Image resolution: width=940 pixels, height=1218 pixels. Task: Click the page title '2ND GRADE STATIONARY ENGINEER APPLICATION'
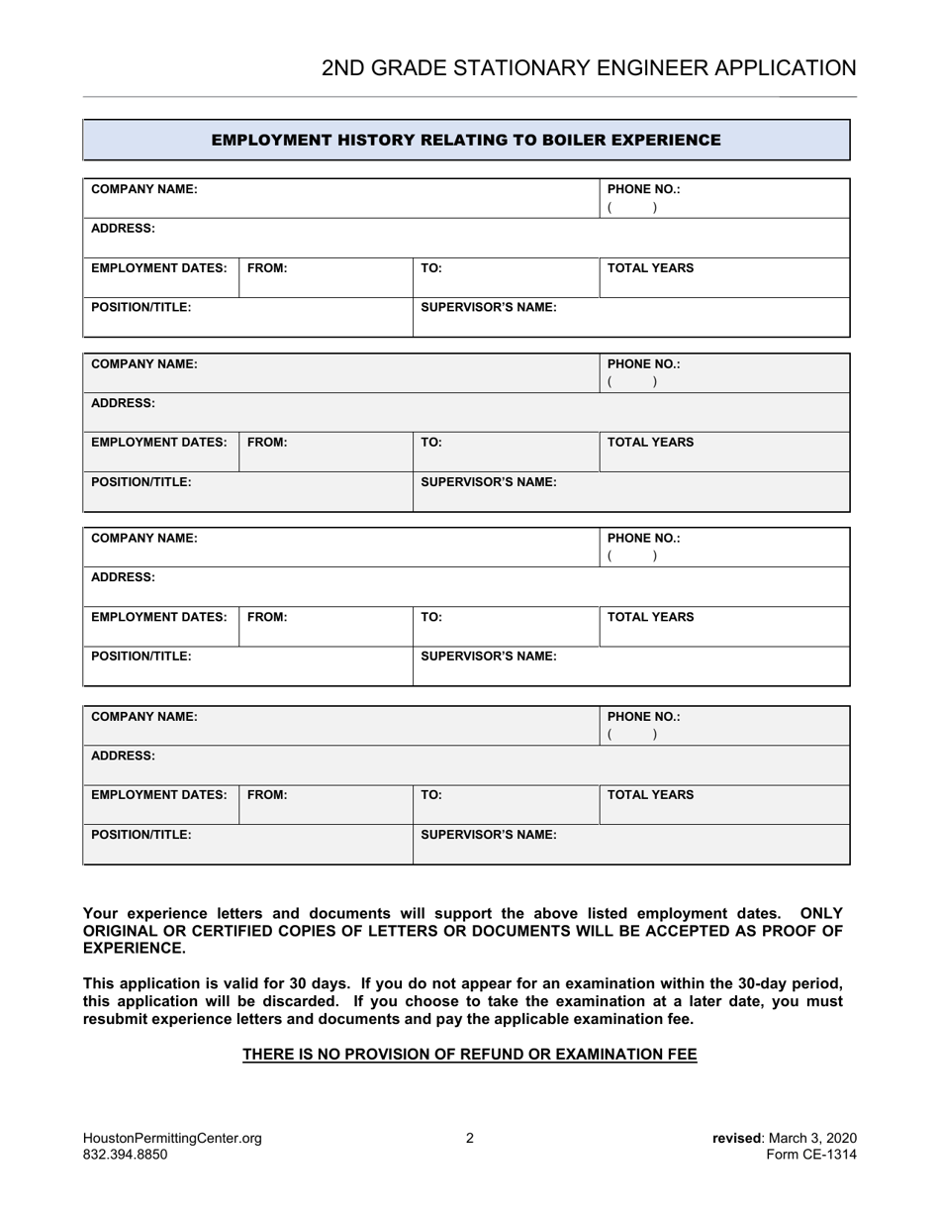click(589, 67)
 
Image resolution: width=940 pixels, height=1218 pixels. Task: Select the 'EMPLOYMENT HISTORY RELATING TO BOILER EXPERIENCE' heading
click(466, 140)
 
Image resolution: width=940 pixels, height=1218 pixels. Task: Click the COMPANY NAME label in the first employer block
click(144, 188)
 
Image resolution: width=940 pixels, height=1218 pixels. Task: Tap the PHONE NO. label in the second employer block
click(643, 363)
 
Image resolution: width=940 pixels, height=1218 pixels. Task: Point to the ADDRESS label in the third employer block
click(123, 576)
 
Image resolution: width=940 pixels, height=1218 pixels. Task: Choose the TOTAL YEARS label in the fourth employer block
click(650, 794)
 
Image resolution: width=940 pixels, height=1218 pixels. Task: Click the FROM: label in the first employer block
click(267, 267)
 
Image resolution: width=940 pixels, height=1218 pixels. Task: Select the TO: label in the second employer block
click(431, 443)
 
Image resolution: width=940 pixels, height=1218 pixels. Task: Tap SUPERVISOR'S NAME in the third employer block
click(489, 656)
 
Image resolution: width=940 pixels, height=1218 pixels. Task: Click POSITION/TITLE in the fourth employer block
click(141, 834)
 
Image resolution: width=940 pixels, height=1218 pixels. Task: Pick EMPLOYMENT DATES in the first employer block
click(159, 267)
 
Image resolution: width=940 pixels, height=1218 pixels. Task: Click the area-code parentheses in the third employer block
click(632, 557)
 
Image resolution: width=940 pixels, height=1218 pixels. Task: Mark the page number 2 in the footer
click(470, 1138)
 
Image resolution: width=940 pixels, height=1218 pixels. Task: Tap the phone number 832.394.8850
click(125, 1155)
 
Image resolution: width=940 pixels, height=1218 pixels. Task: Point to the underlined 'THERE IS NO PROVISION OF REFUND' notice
click(470, 1055)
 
